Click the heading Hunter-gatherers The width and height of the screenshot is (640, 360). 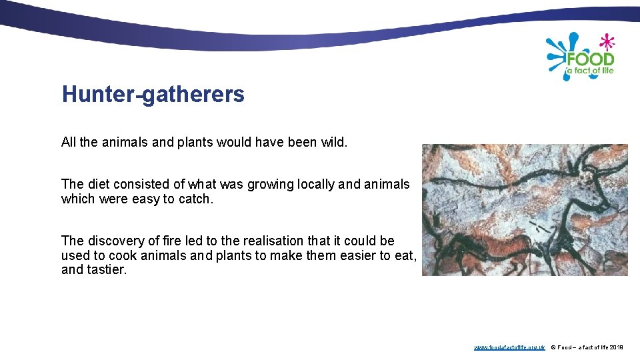(x=153, y=95)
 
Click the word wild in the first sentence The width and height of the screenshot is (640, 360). (x=333, y=142)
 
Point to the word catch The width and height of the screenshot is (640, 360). (x=196, y=199)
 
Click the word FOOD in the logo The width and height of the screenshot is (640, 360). (x=590, y=59)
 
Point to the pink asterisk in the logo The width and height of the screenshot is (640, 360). (x=606, y=42)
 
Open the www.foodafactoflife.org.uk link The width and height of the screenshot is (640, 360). (x=509, y=347)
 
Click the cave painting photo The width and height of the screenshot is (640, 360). (x=525, y=210)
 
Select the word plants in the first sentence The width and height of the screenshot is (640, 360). (x=181, y=142)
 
